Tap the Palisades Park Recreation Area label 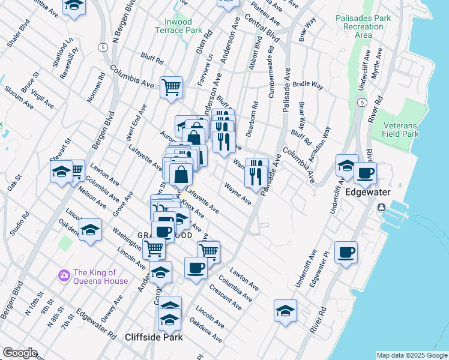(363, 26)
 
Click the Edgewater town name (368, 192)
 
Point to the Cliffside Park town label (154, 337)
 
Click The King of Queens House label (100, 277)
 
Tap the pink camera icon (64, 275)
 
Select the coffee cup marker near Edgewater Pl (345, 253)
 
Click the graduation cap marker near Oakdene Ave (90, 230)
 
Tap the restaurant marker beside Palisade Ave (257, 173)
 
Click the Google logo (19, 353)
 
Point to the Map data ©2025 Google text (411, 355)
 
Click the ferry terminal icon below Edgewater (381, 208)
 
